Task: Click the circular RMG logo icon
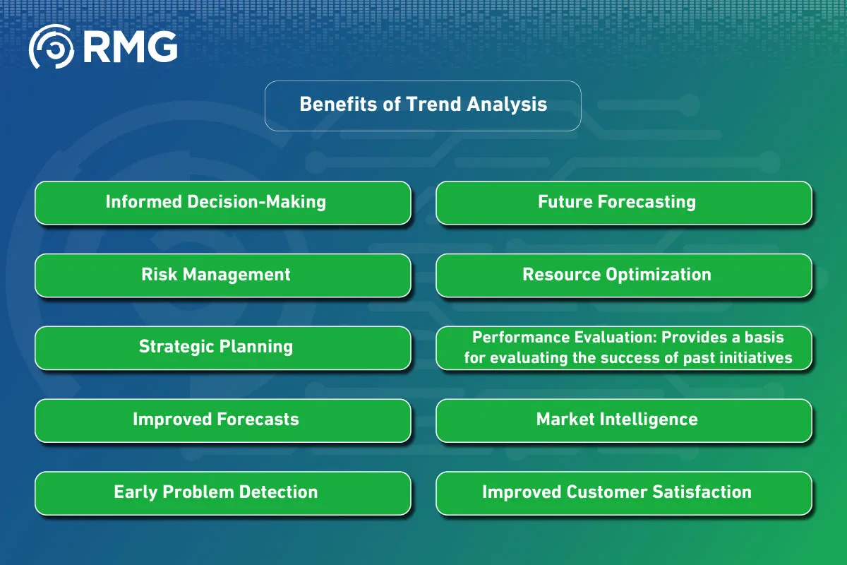[51, 47]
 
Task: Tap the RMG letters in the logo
[130, 47]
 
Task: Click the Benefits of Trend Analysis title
[423, 105]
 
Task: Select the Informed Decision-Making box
[222, 203]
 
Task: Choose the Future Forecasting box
[623, 203]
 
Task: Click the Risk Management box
[222, 275]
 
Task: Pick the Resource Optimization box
[623, 275]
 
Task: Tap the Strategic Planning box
[222, 347]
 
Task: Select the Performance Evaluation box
[623, 347]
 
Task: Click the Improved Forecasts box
[222, 420]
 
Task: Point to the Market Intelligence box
[623, 420]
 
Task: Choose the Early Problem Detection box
[222, 493]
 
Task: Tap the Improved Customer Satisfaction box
[623, 493]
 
